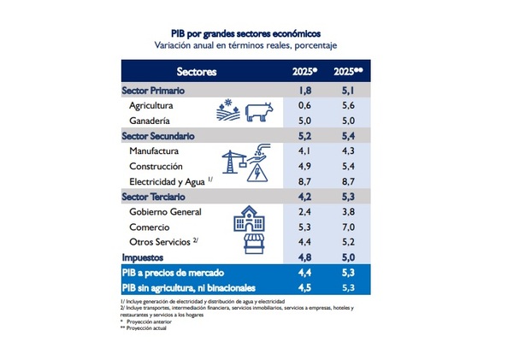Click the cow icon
click(x=258, y=113)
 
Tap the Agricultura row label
click(x=152, y=106)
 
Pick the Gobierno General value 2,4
click(x=304, y=212)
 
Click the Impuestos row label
click(x=144, y=257)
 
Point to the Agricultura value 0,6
click(x=304, y=106)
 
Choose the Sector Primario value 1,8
click(x=304, y=91)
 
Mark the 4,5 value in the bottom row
click(x=304, y=287)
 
